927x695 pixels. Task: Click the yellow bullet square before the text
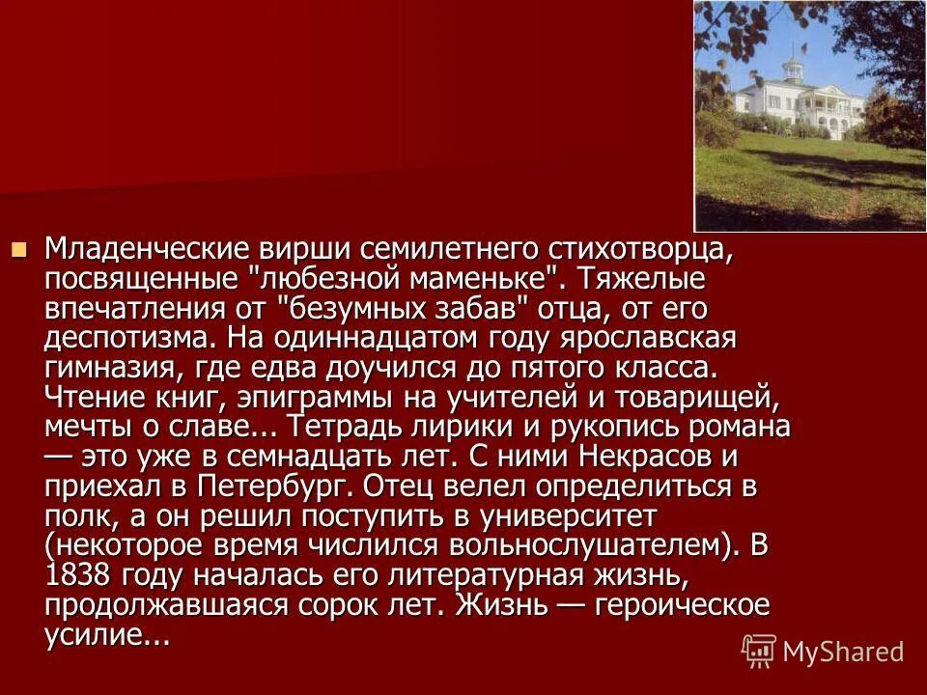pos(18,249)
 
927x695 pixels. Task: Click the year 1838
pos(80,577)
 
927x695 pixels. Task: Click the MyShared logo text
pos(843,651)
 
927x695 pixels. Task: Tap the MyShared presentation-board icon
pos(759,651)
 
